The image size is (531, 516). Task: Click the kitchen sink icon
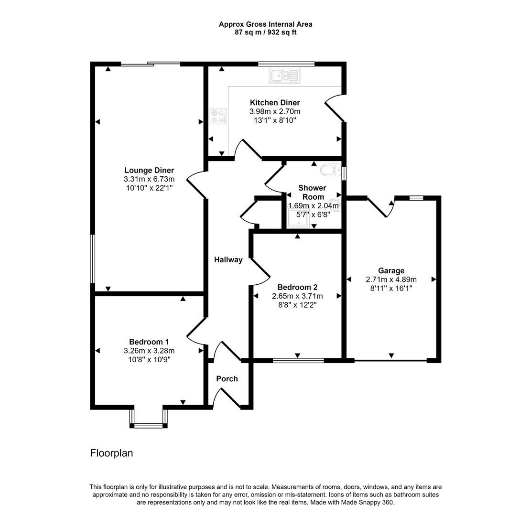pos(284,75)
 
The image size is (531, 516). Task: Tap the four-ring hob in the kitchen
pos(219,116)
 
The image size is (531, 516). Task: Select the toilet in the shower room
pos(329,170)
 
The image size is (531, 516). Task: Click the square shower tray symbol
pos(298,218)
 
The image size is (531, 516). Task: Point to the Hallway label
pos(228,260)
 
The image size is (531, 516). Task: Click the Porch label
pos(227,379)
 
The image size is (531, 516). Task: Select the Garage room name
pos(391,270)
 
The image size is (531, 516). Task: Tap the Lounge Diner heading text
pos(149,170)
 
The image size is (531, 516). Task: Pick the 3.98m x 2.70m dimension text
pos(275,111)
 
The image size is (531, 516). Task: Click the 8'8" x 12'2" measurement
pos(297,305)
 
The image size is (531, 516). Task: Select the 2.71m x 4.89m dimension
pos(391,279)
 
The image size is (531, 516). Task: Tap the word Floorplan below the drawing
pos(111,453)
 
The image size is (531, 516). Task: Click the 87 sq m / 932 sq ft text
pos(265,32)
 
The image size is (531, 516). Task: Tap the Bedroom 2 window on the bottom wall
pos(298,360)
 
